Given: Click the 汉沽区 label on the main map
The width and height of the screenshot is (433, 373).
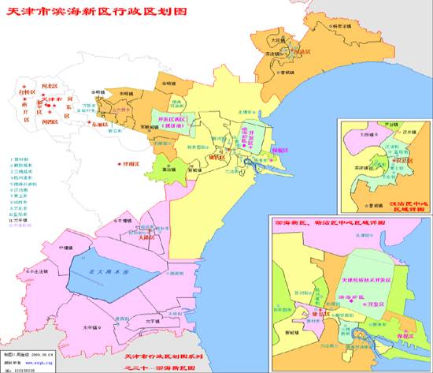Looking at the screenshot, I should (x=300, y=51).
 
